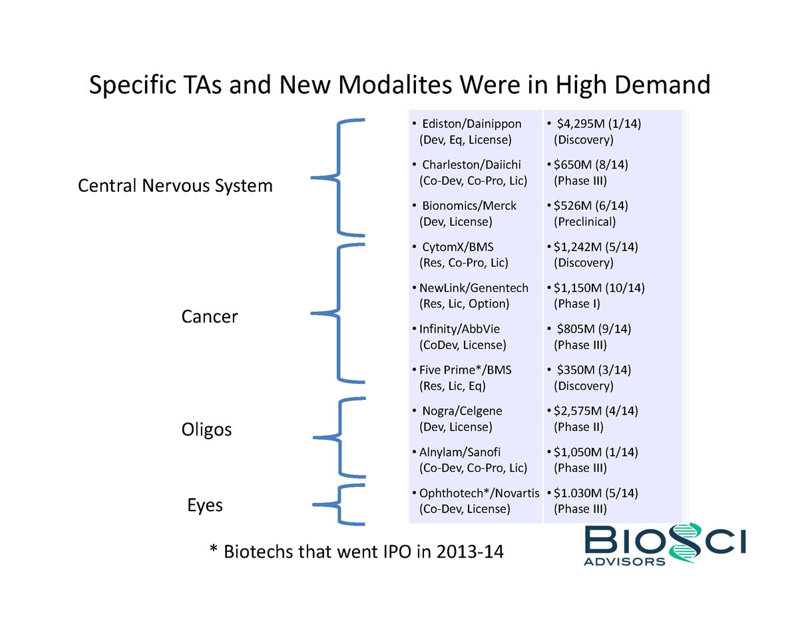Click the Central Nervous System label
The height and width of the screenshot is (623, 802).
[175, 185]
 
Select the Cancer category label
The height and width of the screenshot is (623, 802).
[209, 316]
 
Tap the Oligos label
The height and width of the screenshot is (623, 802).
[206, 429]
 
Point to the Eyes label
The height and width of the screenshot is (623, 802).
[204, 505]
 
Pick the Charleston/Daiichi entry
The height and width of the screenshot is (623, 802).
[471, 165]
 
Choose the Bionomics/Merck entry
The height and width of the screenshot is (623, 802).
[469, 206]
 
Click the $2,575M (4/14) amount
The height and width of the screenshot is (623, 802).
[596, 411]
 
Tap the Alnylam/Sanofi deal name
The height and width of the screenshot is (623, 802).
[459, 452]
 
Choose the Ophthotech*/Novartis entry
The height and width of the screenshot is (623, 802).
[479, 494]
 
